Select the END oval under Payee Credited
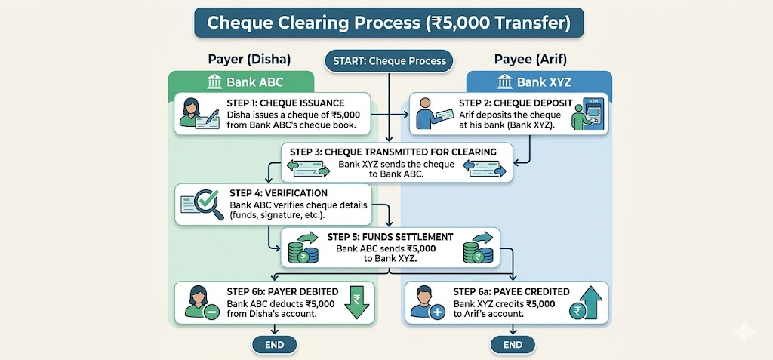click(513, 344)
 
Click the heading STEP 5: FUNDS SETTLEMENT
click(390, 236)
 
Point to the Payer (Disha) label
click(248, 60)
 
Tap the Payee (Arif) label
click(531, 60)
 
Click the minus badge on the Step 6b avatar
click(212, 311)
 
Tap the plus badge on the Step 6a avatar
click(438, 311)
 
